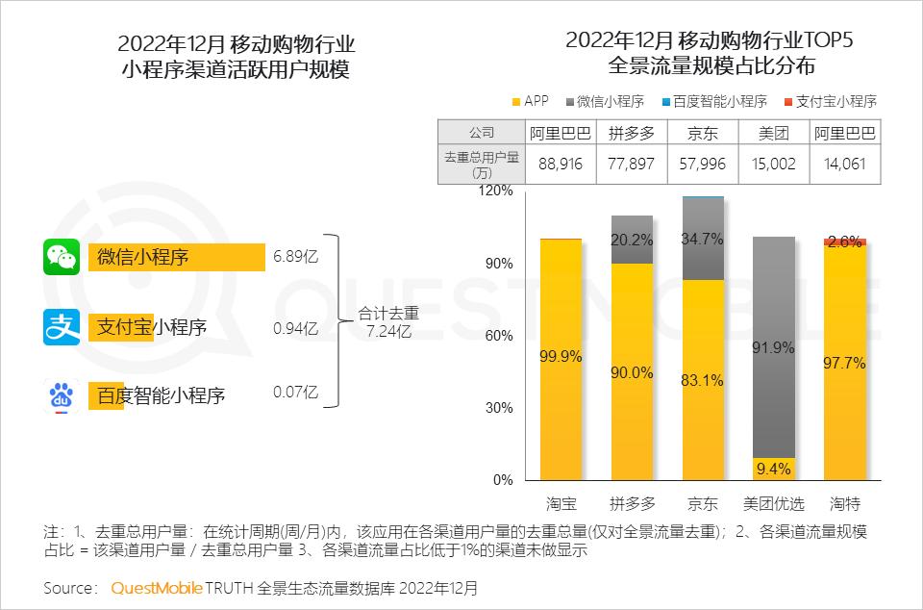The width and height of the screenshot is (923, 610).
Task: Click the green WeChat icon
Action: click(62, 257)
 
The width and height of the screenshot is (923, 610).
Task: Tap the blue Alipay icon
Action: click(62, 327)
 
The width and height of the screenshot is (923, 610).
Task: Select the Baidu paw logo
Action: click(62, 395)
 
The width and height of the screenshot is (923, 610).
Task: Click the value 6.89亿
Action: click(295, 258)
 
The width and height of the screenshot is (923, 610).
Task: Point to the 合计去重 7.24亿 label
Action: click(388, 322)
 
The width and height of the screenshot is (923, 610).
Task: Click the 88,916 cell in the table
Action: click(561, 164)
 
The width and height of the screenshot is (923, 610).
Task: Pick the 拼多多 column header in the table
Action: click(632, 134)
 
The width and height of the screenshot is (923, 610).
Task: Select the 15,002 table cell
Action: click(774, 164)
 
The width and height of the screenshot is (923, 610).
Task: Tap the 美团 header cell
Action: click(774, 134)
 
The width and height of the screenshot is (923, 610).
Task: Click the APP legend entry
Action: click(529, 101)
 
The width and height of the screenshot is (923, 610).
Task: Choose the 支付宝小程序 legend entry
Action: click(830, 101)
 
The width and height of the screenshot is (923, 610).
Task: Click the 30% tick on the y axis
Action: click(501, 408)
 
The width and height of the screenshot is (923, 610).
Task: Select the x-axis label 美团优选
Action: click(774, 503)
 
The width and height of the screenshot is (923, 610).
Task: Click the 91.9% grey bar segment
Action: click(774, 346)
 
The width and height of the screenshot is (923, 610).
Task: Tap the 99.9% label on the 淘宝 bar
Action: click(561, 357)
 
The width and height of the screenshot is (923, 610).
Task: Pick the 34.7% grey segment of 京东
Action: click(703, 239)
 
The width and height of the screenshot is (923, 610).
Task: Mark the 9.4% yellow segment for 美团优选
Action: click(774, 470)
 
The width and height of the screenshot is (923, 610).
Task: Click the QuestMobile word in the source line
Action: click(157, 588)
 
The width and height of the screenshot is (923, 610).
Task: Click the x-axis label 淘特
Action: click(845, 503)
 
